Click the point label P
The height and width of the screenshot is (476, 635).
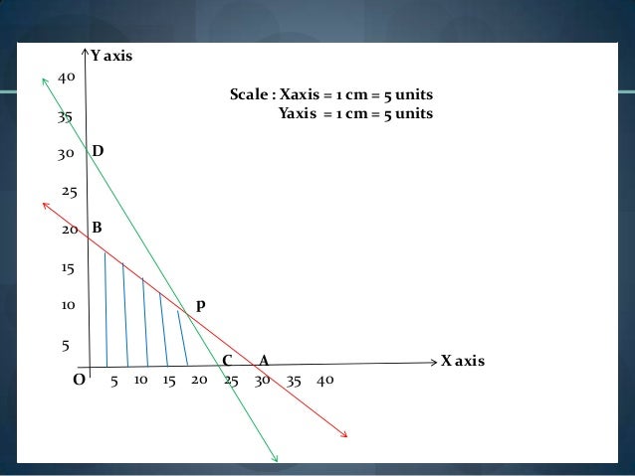click(201, 307)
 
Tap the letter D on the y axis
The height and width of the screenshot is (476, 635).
click(99, 151)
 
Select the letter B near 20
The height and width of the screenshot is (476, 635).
click(98, 228)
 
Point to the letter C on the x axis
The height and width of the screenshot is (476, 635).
click(227, 360)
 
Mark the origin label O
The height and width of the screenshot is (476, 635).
click(79, 380)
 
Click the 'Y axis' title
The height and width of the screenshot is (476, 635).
click(111, 57)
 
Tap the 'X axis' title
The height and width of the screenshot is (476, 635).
click(463, 360)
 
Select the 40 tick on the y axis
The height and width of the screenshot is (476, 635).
click(67, 78)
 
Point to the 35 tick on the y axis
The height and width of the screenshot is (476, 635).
click(66, 116)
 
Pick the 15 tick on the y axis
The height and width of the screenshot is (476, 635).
click(69, 268)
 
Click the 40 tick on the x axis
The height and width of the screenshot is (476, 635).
click(325, 380)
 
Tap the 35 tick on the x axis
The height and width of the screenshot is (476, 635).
click(294, 380)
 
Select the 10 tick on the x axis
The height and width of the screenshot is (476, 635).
click(140, 380)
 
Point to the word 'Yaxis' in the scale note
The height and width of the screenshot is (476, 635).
click(299, 113)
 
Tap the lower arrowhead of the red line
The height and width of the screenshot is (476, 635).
click(344, 433)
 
